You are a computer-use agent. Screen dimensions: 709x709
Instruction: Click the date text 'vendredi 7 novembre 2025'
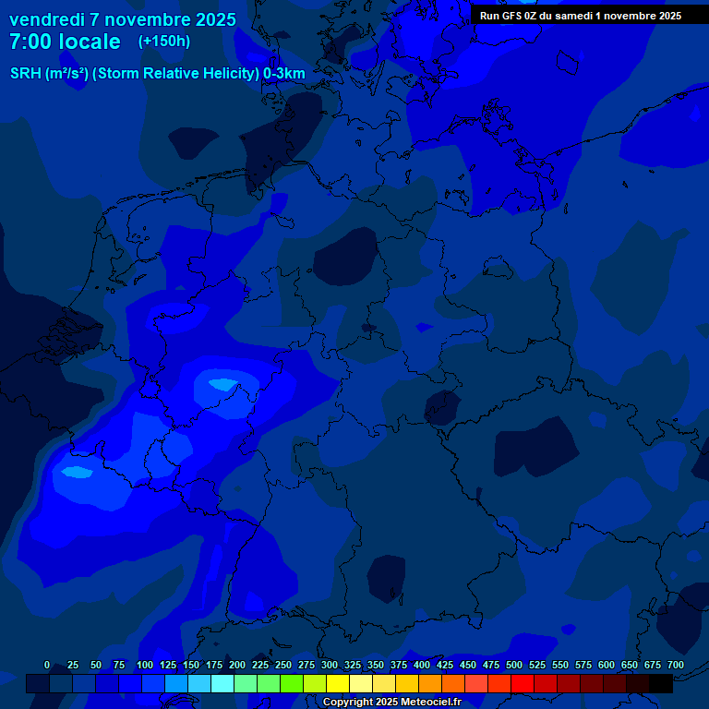[123, 19]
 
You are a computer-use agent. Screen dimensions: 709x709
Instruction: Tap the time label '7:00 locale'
[65, 42]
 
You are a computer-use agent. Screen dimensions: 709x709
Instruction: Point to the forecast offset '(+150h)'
[163, 42]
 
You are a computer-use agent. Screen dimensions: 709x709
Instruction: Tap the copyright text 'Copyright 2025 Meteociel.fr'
[391, 702]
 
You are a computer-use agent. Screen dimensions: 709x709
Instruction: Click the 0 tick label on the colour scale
[47, 665]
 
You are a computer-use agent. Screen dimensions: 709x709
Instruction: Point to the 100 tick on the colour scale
[145, 665]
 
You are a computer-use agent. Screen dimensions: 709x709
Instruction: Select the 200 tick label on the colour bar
[237, 665]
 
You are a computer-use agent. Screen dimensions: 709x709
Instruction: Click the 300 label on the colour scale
[330, 665]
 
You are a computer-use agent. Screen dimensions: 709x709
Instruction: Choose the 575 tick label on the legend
[583, 665]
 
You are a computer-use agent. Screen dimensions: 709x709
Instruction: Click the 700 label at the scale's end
[675, 665]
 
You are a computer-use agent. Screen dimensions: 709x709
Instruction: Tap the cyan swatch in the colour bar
[222, 683]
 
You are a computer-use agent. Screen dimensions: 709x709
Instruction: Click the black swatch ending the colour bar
[661, 683]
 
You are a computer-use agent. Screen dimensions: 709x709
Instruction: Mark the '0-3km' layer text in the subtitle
[284, 74]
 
